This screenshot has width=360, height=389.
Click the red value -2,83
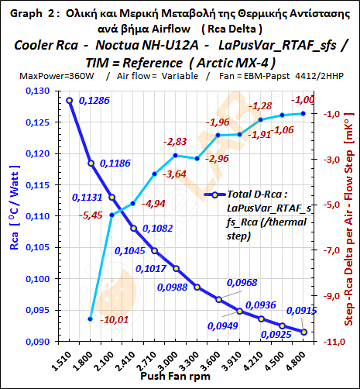[x=175, y=143]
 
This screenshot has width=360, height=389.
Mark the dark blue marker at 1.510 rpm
[x=70, y=101]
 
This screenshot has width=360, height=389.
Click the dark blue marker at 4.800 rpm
[x=303, y=332]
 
